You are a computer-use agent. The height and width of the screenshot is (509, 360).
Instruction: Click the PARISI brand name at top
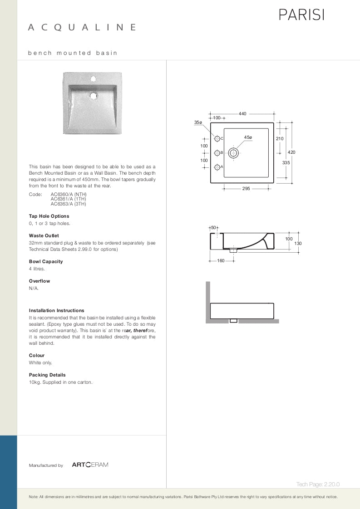tap(301, 15)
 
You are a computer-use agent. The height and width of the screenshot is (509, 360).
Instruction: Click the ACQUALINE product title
tap(82, 28)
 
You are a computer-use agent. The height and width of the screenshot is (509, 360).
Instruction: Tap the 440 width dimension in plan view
tap(242, 114)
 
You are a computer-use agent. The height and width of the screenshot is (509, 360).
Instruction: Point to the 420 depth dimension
tap(291, 152)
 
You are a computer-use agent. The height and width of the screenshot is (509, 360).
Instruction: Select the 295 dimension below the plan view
tap(246, 188)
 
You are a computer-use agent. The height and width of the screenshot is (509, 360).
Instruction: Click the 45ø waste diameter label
tap(248, 137)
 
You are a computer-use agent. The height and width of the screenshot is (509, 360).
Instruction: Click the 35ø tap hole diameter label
tap(198, 122)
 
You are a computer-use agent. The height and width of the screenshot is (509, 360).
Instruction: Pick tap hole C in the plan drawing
tap(217, 138)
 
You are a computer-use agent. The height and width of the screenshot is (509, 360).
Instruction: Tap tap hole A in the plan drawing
tap(217, 167)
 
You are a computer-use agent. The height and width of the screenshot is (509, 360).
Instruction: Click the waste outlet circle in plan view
tap(234, 153)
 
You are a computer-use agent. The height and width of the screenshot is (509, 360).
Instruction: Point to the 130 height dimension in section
tap(298, 244)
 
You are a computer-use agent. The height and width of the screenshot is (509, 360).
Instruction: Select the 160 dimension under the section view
tap(221, 260)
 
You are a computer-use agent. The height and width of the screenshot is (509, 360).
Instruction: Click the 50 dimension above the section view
tap(214, 227)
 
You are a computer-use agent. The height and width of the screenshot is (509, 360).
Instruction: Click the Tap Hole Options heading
tap(49, 216)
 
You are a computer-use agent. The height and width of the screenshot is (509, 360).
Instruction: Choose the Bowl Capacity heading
tap(46, 261)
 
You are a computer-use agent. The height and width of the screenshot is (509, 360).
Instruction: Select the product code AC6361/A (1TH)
tap(68, 199)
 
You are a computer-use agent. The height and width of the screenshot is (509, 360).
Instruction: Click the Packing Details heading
tap(47, 375)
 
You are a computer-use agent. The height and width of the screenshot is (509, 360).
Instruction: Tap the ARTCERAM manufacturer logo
tap(90, 465)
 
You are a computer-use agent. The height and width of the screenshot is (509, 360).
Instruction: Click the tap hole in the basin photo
tap(93, 79)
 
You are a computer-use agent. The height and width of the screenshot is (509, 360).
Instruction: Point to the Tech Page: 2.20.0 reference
tap(318, 485)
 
